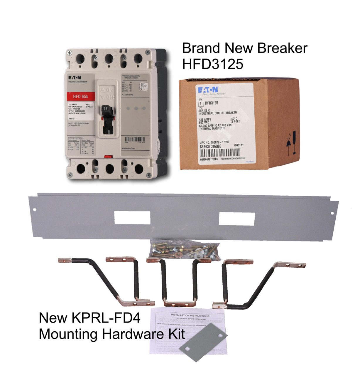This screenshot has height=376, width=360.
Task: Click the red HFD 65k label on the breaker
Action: coord(80,96)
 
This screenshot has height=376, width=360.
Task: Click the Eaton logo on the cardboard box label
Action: coord(208,89)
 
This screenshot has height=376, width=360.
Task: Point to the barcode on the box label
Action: coord(220,153)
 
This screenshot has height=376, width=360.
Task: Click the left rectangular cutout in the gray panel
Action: coord(132,218)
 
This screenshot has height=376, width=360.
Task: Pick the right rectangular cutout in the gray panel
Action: coord(236,219)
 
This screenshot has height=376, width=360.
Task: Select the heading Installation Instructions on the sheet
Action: coord(190,315)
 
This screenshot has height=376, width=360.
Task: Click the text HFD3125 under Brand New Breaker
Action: coord(213,64)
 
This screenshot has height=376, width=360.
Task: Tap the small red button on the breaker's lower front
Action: coord(107,157)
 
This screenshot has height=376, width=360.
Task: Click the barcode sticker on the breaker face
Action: coord(135,140)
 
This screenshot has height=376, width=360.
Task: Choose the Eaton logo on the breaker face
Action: coord(75,78)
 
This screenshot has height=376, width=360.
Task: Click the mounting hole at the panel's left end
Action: coord(35,210)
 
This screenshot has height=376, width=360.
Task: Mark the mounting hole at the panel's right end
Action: coord(332,213)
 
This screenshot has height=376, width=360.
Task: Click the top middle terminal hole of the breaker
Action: coord(109,59)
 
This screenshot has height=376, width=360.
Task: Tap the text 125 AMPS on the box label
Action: coord(205,120)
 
